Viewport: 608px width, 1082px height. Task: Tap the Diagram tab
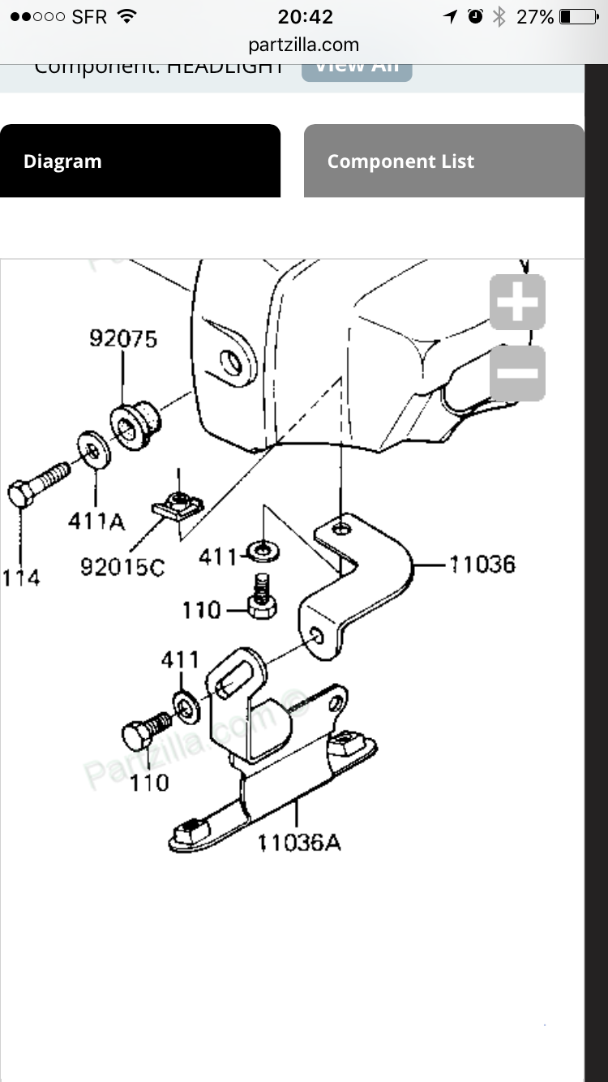click(62, 161)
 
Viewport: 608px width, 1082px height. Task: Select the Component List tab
click(400, 161)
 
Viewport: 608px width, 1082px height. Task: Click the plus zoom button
click(517, 303)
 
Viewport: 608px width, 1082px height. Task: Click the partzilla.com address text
click(303, 45)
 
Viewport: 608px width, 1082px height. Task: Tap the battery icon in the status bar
click(577, 16)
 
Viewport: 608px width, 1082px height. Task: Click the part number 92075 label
click(123, 339)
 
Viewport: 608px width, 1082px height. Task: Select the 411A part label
click(96, 522)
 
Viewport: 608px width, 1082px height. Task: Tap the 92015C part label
click(122, 567)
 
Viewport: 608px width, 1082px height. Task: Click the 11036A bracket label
click(299, 843)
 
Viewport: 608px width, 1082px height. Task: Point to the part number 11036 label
click(482, 564)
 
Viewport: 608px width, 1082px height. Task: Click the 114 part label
click(21, 578)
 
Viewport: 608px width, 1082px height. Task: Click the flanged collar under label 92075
click(134, 425)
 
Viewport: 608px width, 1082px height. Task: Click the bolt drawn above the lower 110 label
click(146, 730)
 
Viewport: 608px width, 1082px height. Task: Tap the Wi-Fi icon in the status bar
click(126, 16)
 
